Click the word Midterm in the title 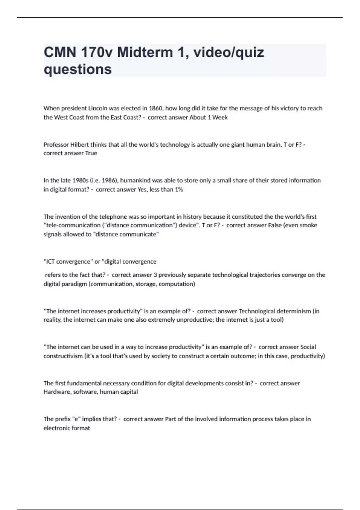(x=145, y=52)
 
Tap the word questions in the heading (x=78, y=69)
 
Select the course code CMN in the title (x=60, y=52)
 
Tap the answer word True (x=91, y=153)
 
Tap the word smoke (x=309, y=225)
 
